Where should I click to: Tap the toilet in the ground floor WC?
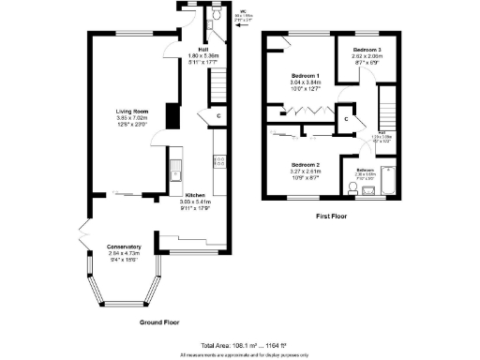pos(216,17)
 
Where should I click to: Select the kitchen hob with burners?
pos(219,162)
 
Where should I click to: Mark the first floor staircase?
pos(387,103)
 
